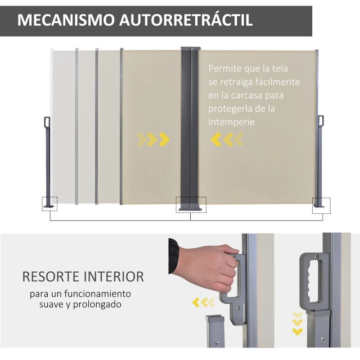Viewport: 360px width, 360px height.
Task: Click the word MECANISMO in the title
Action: pos(65,20)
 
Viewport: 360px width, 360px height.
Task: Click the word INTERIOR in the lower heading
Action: pos(115,276)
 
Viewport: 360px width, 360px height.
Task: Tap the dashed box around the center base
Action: pos(191,204)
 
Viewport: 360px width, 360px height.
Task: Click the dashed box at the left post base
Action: pos(50,203)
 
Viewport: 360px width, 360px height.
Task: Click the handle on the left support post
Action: pos(46,123)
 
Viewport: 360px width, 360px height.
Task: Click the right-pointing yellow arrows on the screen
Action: pos(153,140)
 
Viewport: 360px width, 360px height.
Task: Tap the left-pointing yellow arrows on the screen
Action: pos(226,140)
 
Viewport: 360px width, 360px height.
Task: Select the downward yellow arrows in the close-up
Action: pos(297,323)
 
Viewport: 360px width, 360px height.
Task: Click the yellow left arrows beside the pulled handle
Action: pos(203,302)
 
